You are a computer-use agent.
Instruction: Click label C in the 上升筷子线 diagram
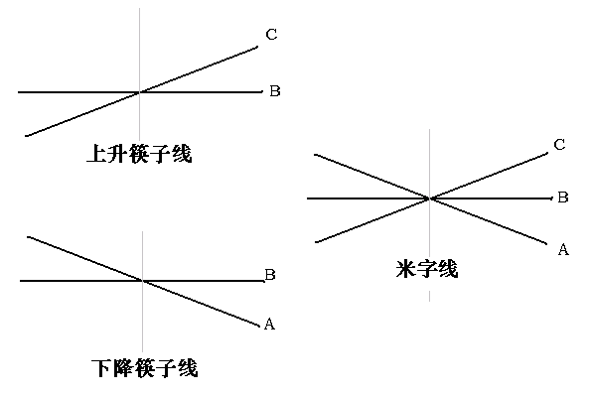pyautogui.click(x=271, y=36)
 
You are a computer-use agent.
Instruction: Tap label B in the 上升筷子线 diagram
pyautogui.click(x=275, y=91)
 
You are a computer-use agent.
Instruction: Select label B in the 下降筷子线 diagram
pyautogui.click(x=269, y=275)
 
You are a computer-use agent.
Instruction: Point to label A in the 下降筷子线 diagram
pyautogui.click(x=268, y=324)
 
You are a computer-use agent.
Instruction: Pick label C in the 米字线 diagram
pyautogui.click(x=559, y=145)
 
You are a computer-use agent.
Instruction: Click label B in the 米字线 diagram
pyautogui.click(x=562, y=198)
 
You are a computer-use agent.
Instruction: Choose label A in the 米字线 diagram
pyautogui.click(x=563, y=249)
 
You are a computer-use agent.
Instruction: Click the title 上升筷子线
pyautogui.click(x=139, y=155)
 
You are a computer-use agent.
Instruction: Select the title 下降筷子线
pyautogui.click(x=144, y=369)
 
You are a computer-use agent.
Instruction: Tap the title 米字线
pyautogui.click(x=426, y=268)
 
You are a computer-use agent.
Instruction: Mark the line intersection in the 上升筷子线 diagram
pyautogui.click(x=140, y=92)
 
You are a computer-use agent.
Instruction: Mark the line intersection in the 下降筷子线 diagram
pyautogui.click(x=144, y=281)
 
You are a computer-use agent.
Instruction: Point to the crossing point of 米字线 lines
pyautogui.click(x=429, y=198)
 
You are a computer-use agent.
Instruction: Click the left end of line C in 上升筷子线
pyautogui.click(x=25, y=135)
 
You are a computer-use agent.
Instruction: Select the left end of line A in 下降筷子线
pyautogui.click(x=27, y=236)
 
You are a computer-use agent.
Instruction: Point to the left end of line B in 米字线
pyautogui.click(x=307, y=198)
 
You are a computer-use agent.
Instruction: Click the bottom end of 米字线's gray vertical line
pyautogui.click(x=429, y=301)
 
